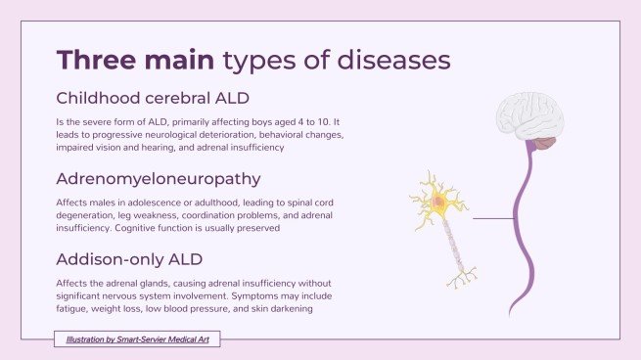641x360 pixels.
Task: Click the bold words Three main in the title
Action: tap(136, 60)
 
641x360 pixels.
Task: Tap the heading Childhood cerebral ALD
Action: tap(153, 98)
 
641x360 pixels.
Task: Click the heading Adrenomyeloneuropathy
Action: tap(158, 179)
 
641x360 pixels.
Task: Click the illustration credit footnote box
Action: tap(137, 339)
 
